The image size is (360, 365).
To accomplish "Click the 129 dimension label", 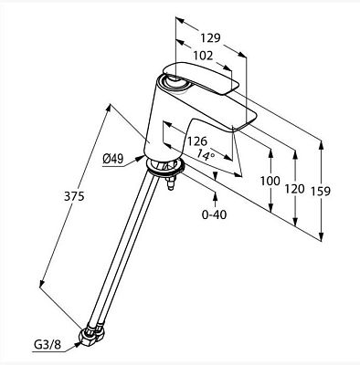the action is tap(210, 38).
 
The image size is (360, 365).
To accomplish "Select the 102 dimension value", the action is tap(203, 56).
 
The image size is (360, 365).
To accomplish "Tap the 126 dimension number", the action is tap(196, 141).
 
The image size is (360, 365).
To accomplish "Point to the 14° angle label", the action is tap(206, 154).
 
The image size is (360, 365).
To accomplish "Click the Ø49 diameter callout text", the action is tap(112, 159).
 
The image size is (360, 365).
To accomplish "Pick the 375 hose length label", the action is tap(74, 196).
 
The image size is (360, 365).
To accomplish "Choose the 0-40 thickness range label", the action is tap(215, 214).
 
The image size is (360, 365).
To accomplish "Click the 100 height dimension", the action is tap(270, 181).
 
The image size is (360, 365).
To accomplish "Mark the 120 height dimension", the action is tap(294, 189).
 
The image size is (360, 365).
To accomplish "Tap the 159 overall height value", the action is tap(321, 192).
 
